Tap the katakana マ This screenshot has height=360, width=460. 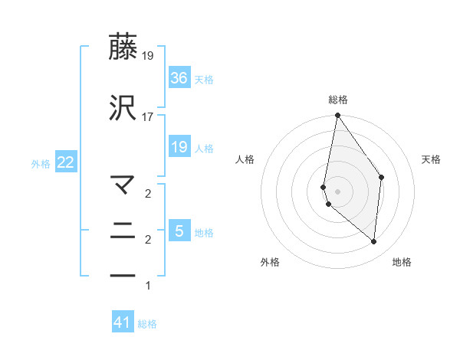[123, 185]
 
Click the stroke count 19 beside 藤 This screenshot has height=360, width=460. [149, 56]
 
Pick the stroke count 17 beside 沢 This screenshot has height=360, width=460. [149, 116]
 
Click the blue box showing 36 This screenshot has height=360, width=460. [179, 77]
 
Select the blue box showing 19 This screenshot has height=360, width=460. [179, 146]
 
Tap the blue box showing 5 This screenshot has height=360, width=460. [179, 231]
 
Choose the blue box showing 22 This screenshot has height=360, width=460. [65, 162]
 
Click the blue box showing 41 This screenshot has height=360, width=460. [123, 322]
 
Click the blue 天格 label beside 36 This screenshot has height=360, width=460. [204, 79]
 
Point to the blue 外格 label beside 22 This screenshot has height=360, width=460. [41, 163]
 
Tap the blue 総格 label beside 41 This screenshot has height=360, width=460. [147, 324]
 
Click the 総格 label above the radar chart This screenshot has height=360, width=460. [338, 100]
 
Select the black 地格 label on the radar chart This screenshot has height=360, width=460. [402, 262]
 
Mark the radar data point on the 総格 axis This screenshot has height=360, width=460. [337, 116]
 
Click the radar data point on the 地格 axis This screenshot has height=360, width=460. [373, 242]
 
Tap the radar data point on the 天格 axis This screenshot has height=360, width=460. [381, 178]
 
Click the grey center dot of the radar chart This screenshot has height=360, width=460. [337, 191]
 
